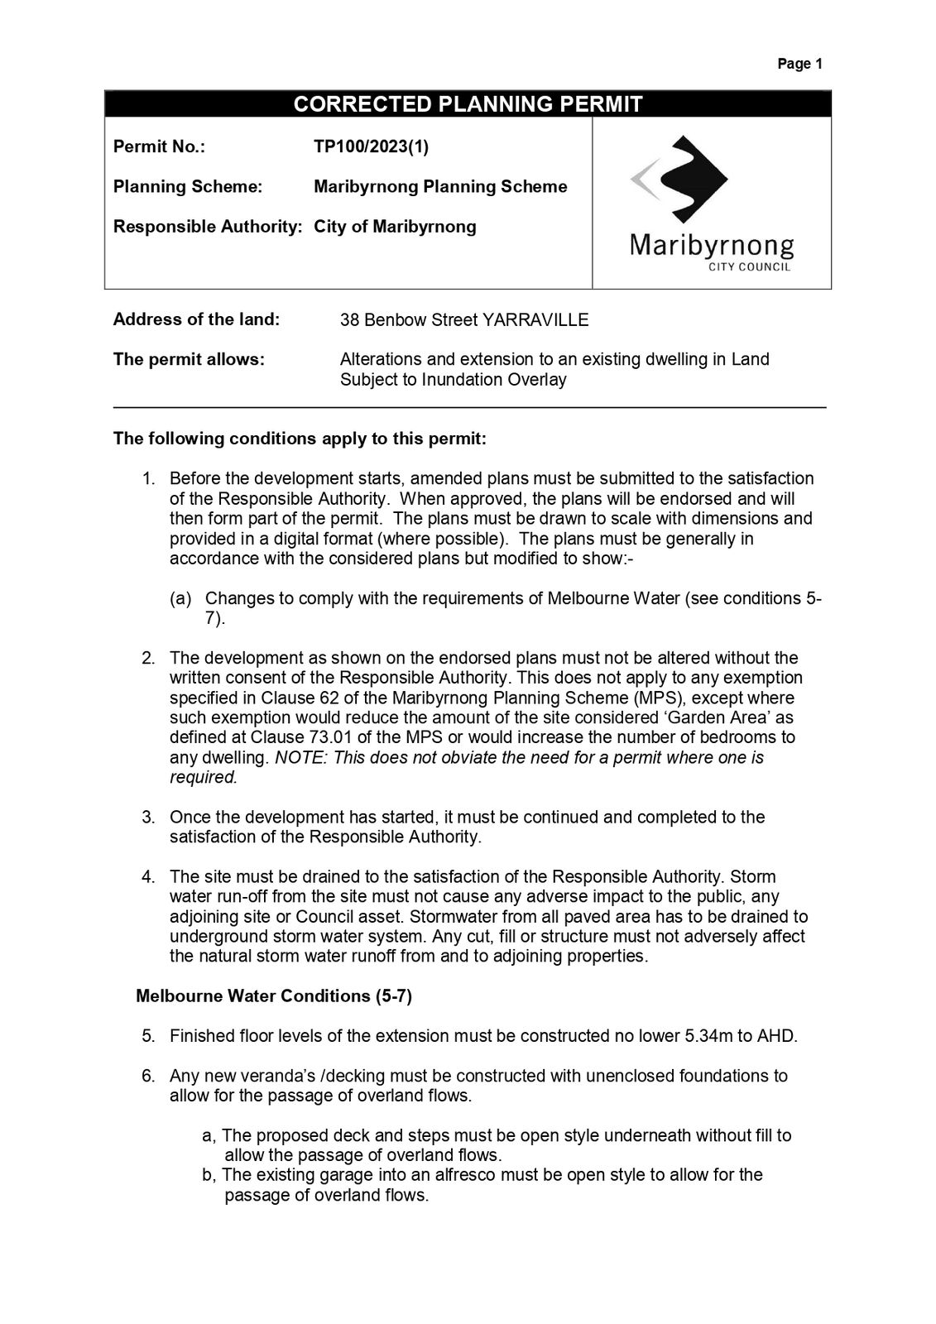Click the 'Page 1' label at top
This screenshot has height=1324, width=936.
pyautogui.click(x=799, y=64)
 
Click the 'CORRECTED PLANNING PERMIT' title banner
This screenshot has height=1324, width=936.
pyautogui.click(x=468, y=104)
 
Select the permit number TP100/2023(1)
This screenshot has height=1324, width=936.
pyautogui.click(x=371, y=147)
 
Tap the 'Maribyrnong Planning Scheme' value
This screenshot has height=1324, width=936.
pyautogui.click(x=440, y=187)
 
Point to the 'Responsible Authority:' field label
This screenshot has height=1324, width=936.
pyautogui.click(x=207, y=227)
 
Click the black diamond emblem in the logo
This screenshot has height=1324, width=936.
pyautogui.click(x=691, y=176)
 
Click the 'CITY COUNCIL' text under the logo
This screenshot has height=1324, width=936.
pyautogui.click(x=749, y=267)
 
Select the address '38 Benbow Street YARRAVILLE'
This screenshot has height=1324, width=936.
pyautogui.click(x=464, y=320)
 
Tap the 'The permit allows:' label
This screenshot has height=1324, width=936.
pyautogui.click(x=189, y=360)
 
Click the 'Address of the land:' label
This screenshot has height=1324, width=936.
pyautogui.click(x=196, y=319)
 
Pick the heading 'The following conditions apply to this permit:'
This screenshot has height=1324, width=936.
pyautogui.click(x=300, y=439)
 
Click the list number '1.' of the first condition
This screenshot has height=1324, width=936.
pyautogui.click(x=149, y=479)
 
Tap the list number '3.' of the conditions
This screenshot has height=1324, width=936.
pyautogui.click(x=149, y=818)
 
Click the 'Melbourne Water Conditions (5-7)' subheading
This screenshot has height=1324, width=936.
pyautogui.click(x=274, y=996)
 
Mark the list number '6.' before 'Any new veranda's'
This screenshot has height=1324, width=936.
pyautogui.click(x=149, y=1077)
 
